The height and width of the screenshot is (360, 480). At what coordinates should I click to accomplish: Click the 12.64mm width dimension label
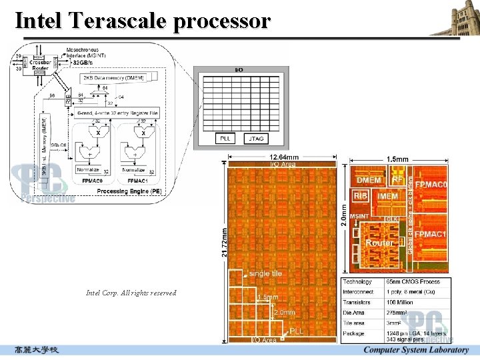[283, 157]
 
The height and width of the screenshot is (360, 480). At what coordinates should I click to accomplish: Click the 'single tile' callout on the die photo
[265, 273]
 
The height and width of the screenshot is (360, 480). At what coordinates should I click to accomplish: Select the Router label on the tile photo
[379, 243]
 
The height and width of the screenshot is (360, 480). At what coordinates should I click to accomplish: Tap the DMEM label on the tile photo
[369, 180]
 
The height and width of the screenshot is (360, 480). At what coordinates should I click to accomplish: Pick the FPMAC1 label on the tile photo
[431, 235]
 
